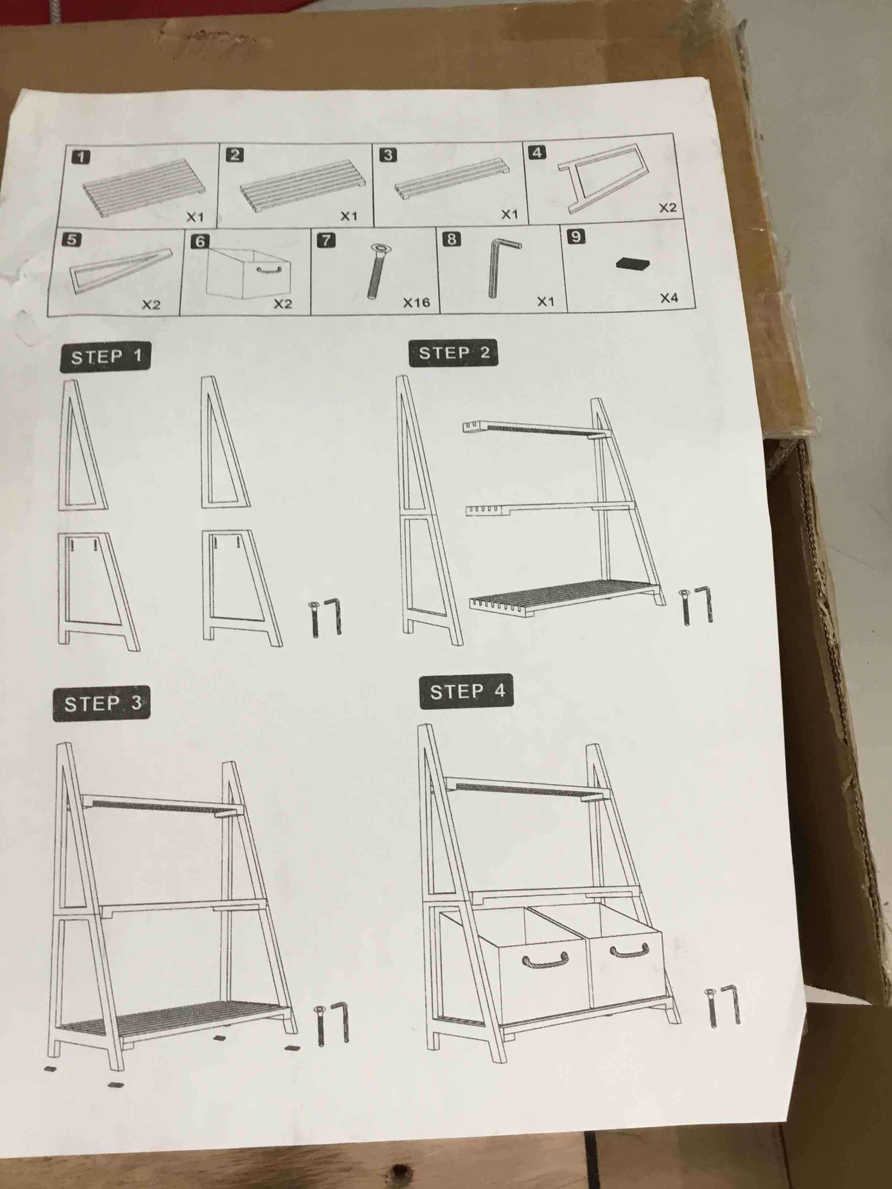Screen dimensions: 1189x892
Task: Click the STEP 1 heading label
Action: pyautogui.click(x=105, y=356)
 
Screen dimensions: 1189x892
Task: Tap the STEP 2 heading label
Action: pyautogui.click(x=453, y=353)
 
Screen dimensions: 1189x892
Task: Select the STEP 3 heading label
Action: pyautogui.click(x=101, y=703)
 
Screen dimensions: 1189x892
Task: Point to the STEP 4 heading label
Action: pyautogui.click(x=466, y=691)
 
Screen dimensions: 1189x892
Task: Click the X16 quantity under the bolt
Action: pyautogui.click(x=417, y=303)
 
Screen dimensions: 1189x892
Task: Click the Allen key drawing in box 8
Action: pyautogui.click(x=500, y=266)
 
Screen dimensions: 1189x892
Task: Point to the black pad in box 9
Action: pyautogui.click(x=632, y=264)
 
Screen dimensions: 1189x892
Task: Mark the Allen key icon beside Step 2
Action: pyautogui.click(x=706, y=605)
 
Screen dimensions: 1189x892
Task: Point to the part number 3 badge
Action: pyautogui.click(x=388, y=155)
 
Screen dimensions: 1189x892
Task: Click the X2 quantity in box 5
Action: pyautogui.click(x=151, y=305)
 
